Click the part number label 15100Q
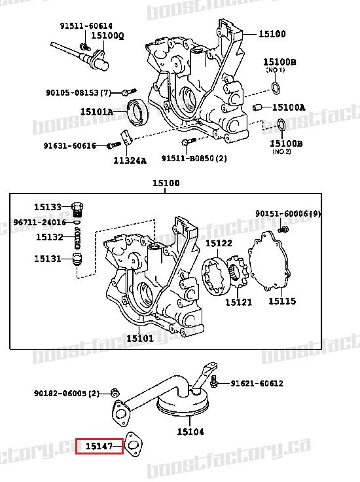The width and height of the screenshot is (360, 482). pos(107,35)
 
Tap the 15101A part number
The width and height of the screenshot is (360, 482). pos(97,112)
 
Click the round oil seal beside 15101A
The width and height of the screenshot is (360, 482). pos(137,111)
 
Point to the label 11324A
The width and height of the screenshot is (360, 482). pos(131,160)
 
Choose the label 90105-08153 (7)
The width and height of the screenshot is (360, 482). pos(88,92)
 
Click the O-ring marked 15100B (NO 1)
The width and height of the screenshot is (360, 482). pos(278,88)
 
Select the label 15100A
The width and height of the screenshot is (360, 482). pos(289,107)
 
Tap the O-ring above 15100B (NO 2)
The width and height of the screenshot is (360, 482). pos(279,125)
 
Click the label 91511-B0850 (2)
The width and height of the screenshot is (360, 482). pos(194,158)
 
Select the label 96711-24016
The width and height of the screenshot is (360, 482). pos(40,222)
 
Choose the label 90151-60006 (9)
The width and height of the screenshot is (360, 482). pos(287,213)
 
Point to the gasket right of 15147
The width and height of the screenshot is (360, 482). pos(135,445)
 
